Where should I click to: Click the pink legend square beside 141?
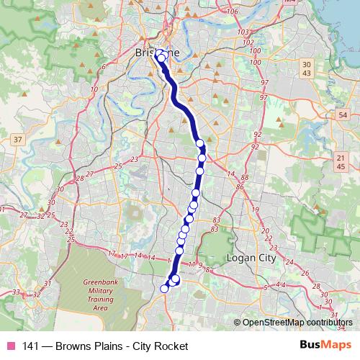[11, 346]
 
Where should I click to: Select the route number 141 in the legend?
[31, 346]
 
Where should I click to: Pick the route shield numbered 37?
[18, 138]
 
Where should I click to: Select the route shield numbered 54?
[343, 115]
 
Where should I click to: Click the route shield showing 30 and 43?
[307, 69]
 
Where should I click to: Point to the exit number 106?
[232, 12]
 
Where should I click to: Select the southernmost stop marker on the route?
[164, 288]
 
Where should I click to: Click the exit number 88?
[245, 177]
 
